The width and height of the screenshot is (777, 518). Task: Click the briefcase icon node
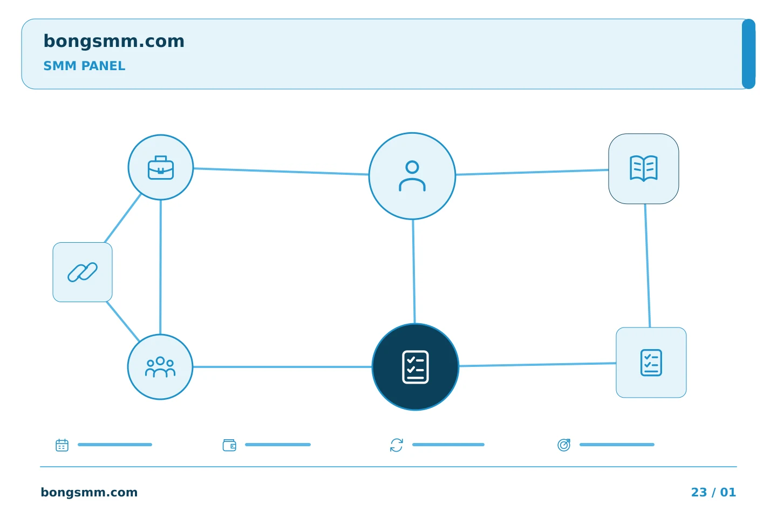click(x=161, y=167)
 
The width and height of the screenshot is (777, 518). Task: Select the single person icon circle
click(x=412, y=176)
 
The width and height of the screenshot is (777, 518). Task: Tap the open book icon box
click(x=643, y=168)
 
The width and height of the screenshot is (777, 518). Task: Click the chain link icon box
click(x=83, y=272)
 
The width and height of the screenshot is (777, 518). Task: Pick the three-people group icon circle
click(x=160, y=367)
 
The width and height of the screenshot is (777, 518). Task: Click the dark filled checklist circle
click(x=415, y=367)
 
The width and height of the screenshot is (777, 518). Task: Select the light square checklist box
click(x=651, y=363)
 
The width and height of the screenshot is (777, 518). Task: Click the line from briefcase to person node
click(x=281, y=172)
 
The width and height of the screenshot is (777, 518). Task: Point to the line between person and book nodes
click(x=532, y=172)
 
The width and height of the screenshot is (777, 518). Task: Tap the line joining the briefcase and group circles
click(x=160, y=267)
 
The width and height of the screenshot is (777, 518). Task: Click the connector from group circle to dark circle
click(x=282, y=367)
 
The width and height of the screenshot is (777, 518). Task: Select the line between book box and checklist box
click(x=647, y=265)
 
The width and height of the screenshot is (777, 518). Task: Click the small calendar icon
click(x=62, y=445)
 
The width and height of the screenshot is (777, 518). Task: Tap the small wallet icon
click(x=229, y=445)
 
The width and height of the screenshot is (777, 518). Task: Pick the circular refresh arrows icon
click(x=397, y=445)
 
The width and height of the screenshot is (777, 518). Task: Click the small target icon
click(x=564, y=445)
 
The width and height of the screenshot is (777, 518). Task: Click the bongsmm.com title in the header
click(x=114, y=42)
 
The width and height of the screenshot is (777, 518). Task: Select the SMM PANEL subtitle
click(x=84, y=66)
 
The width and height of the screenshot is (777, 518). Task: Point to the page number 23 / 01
click(x=713, y=492)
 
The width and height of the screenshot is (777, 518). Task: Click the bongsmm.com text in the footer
click(x=89, y=492)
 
